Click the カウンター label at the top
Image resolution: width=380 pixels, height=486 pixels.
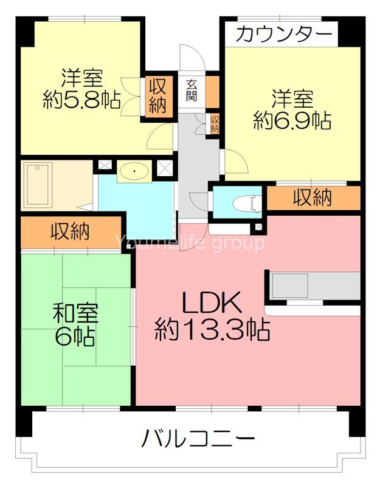point(284,35)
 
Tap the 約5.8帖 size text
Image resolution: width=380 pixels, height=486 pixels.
point(81,100)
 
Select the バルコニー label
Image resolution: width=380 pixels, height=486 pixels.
point(198,438)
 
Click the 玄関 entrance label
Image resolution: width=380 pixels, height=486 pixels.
point(192,92)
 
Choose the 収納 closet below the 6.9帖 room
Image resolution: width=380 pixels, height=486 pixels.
point(313,197)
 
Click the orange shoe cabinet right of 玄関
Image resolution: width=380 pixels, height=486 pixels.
point(212,89)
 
